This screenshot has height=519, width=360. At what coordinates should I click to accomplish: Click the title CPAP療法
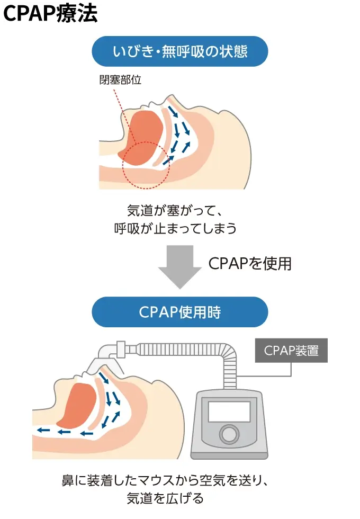(x=50, y=14)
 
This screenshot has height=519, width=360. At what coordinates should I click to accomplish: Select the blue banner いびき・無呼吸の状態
(x=180, y=51)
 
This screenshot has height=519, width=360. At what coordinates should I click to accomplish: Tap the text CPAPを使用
(x=250, y=263)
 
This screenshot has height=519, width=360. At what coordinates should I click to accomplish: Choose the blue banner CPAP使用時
(x=180, y=312)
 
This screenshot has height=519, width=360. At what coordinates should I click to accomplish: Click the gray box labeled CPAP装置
(x=291, y=351)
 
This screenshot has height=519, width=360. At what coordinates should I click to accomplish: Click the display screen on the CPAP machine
(x=229, y=411)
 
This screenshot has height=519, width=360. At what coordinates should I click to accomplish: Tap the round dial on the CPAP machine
(x=229, y=434)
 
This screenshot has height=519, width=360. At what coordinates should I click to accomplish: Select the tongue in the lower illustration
(x=76, y=405)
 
